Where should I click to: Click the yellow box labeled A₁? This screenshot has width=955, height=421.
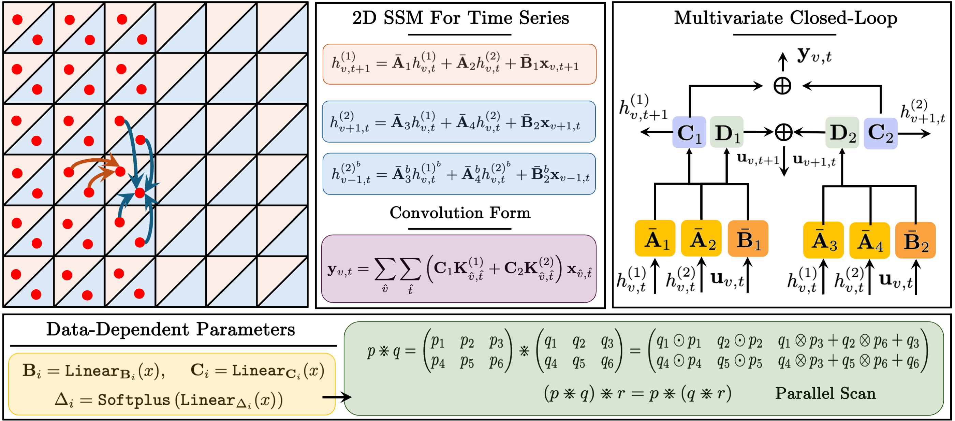(655, 238)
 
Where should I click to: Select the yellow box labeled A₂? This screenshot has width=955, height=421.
(701, 238)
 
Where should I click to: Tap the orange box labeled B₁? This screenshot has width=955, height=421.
(748, 238)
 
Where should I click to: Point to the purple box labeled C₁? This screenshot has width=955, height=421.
(689, 132)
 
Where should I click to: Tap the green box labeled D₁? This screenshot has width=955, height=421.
(726, 132)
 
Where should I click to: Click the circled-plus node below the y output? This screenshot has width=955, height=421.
(782, 86)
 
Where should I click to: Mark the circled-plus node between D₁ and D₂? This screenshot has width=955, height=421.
(784, 132)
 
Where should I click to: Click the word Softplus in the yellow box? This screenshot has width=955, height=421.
(134, 400)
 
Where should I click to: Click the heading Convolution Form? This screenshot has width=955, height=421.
(460, 213)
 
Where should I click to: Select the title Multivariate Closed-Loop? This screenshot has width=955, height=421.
(785, 18)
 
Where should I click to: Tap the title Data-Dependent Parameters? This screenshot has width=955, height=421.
(171, 329)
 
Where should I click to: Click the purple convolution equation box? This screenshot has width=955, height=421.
(459, 268)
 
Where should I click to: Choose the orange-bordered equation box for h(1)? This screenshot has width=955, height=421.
(459, 64)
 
